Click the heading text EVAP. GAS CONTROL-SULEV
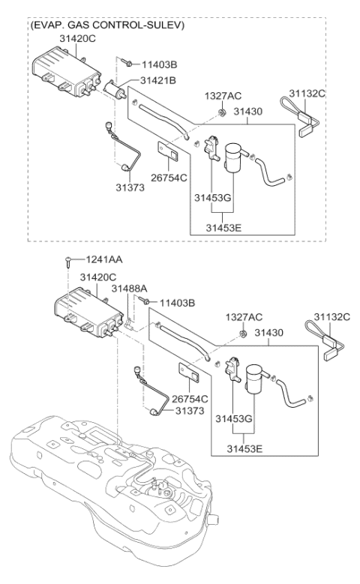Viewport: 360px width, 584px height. pyautogui.click(x=107, y=25)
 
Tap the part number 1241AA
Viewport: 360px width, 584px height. pyautogui.click(x=104, y=259)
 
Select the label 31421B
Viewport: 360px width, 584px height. pyautogui.click(x=158, y=80)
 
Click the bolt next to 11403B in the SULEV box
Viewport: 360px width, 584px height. pyautogui.click(x=127, y=62)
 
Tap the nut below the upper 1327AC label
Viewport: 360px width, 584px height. pyautogui.click(x=222, y=112)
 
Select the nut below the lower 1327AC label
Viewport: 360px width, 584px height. pyautogui.click(x=242, y=333)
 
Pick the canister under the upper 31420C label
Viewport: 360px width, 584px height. pyautogui.click(x=66, y=71)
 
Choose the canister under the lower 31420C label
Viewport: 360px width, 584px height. pyautogui.click(x=88, y=312)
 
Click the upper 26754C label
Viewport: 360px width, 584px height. pyautogui.click(x=169, y=178)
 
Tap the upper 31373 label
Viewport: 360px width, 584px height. pyautogui.click(x=130, y=187)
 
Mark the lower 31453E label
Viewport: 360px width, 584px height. pyautogui.click(x=244, y=449)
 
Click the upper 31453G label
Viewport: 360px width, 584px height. pyautogui.click(x=212, y=197)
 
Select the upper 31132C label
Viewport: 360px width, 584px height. pyautogui.click(x=307, y=94)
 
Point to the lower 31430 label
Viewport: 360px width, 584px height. pyautogui.click(x=268, y=333)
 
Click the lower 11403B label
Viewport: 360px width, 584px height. pyautogui.click(x=178, y=303)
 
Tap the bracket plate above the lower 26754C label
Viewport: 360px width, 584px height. pyautogui.click(x=188, y=372)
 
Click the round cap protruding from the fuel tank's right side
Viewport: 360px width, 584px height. pyautogui.click(x=214, y=518)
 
